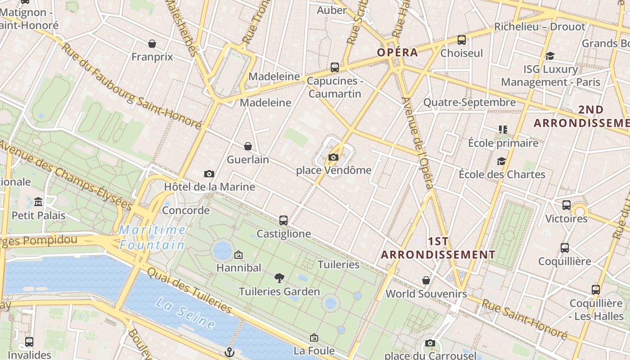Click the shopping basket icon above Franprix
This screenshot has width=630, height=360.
point(152,44)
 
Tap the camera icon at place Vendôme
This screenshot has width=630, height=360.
point(333,157)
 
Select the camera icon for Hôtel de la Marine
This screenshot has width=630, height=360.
point(209,174)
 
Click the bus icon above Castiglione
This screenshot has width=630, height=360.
point(283,220)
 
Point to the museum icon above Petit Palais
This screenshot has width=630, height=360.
point(38,202)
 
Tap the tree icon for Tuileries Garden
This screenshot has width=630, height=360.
point(279,278)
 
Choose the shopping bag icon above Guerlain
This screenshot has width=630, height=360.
point(247,146)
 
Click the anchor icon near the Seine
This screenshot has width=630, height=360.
point(230,352)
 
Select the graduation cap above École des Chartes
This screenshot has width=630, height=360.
point(501,161)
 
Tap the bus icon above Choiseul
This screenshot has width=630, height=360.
point(462,40)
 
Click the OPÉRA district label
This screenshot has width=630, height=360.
point(397,52)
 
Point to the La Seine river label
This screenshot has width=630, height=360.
point(185,312)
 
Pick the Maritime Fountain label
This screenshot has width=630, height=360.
point(152,237)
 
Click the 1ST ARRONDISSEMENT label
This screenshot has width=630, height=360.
point(438,248)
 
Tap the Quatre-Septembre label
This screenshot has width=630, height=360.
point(469,102)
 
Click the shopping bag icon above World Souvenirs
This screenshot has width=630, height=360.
point(426,280)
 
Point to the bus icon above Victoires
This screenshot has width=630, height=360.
point(567,205)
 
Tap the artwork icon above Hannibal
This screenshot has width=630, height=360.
point(238,255)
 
